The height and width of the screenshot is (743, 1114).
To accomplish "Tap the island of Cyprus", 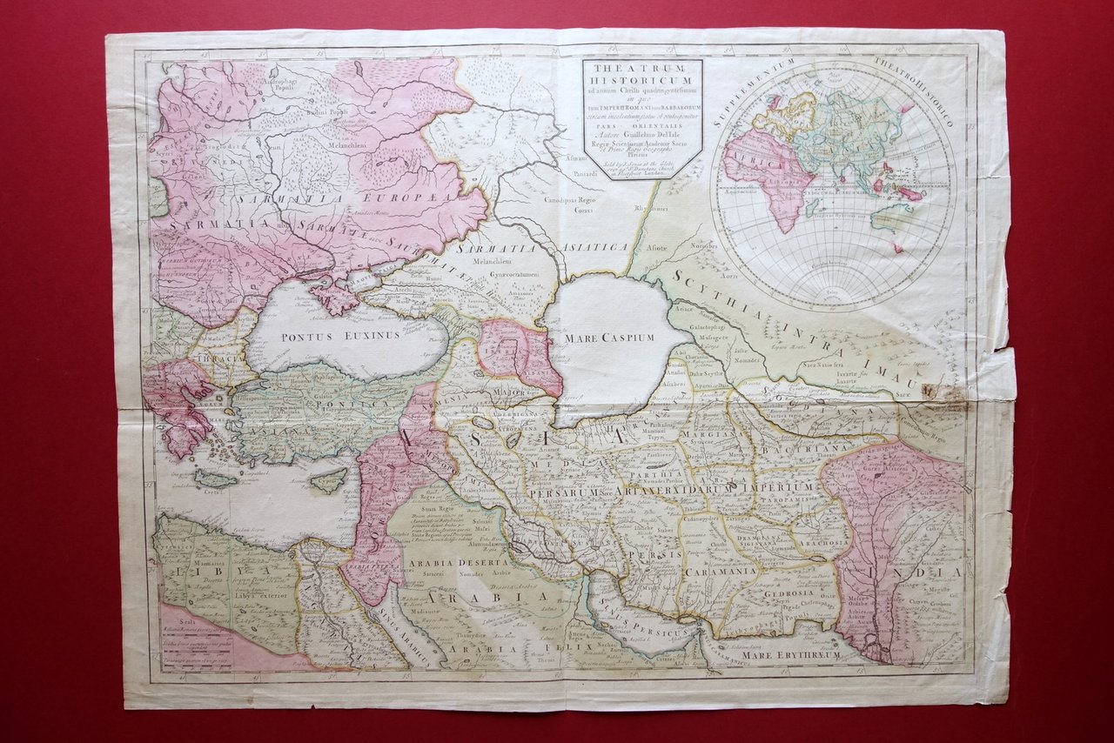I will tap(328, 479).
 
